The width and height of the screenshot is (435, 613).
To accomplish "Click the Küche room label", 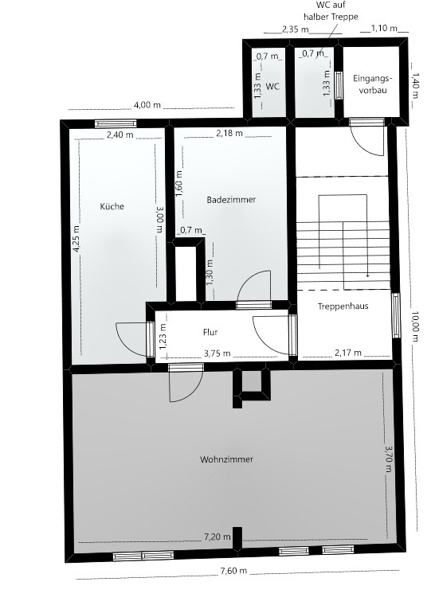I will point(112,206).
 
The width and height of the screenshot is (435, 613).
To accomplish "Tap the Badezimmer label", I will point(231,200).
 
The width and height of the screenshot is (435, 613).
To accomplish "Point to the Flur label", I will point(210,334).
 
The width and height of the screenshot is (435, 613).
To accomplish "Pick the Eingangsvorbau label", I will point(372,84).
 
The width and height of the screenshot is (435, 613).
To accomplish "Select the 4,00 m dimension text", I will point(147,105).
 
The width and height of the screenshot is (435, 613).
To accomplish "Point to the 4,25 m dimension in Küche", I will point(77,237).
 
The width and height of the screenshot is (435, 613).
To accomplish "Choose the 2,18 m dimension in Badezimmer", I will point(229,133).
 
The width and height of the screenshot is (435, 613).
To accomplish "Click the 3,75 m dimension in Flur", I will point(217,353).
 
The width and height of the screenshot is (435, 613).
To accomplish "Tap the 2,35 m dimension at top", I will point(296,29).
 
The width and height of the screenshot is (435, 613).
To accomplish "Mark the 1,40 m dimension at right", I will point(415,84).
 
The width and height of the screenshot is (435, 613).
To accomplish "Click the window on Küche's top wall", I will point(115,123).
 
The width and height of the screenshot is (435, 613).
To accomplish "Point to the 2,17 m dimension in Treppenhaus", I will point(347,353).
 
